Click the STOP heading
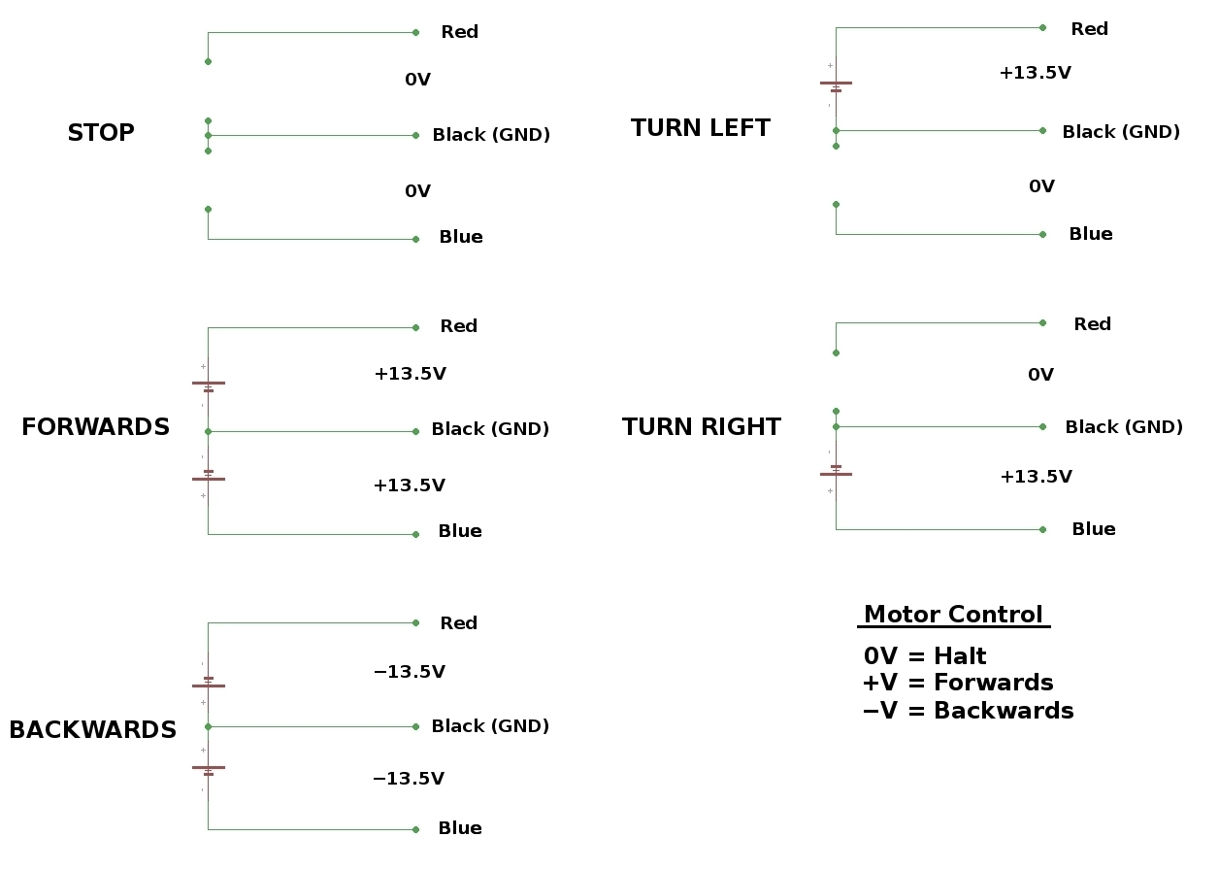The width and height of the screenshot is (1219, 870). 101,133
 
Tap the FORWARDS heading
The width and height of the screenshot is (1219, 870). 95,427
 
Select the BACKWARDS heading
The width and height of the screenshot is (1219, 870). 93,730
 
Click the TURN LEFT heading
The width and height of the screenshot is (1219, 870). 700,128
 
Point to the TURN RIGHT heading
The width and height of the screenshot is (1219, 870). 701,427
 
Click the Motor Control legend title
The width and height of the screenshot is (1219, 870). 953,615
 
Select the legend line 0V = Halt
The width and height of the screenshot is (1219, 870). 924,656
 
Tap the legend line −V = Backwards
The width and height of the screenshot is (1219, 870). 968,711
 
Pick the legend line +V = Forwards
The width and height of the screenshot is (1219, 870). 957,683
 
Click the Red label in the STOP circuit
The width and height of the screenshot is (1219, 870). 459,32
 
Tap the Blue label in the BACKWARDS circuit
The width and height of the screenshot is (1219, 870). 459,828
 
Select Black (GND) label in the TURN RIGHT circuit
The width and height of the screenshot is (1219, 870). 1123,427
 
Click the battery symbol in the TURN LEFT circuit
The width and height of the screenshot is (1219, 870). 836,86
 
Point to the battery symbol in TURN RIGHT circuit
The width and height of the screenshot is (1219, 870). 836,470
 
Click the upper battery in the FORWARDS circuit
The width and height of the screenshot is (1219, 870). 208,385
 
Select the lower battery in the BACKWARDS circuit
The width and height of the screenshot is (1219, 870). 208,770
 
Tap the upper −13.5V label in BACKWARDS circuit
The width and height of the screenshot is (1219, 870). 409,672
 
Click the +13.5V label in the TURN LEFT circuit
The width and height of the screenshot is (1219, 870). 1035,73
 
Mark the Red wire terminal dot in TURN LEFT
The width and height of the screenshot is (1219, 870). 1043,27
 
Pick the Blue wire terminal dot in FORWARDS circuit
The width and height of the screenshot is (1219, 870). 416,534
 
